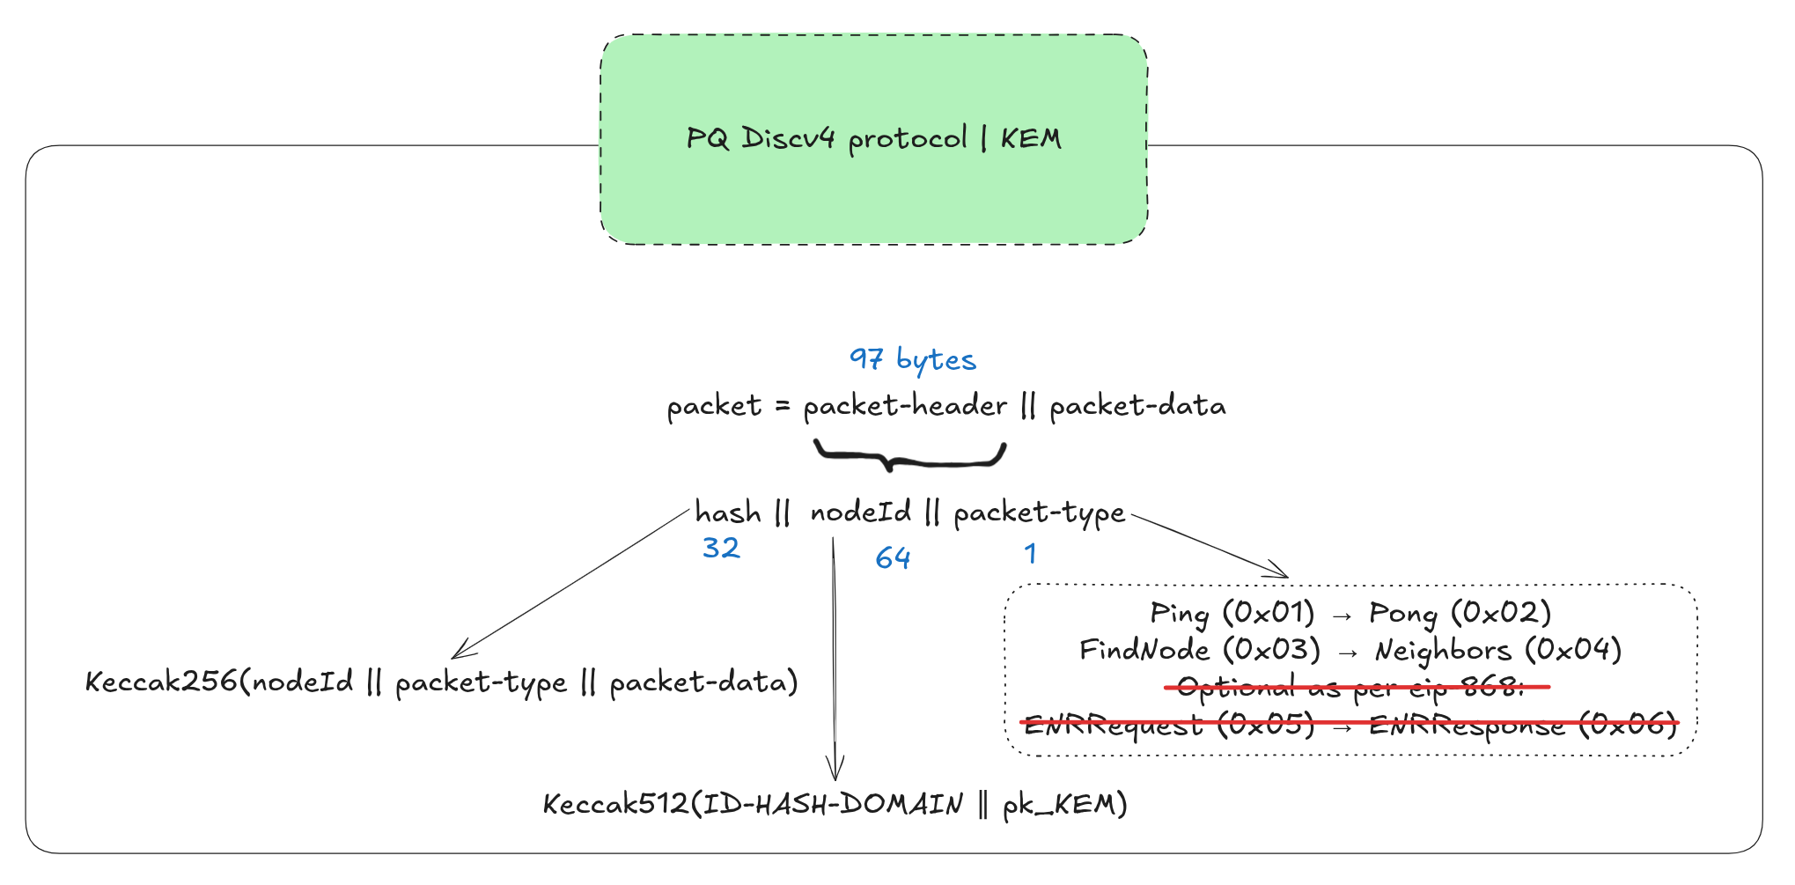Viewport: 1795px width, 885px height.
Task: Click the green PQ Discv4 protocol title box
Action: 873,139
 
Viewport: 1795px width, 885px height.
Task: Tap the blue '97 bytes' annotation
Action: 912,359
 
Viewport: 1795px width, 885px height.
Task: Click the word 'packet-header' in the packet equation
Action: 905,406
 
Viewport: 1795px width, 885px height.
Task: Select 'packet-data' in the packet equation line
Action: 1137,406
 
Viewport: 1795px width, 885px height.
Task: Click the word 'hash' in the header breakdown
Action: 728,513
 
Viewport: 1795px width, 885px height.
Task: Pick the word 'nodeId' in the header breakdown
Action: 860,513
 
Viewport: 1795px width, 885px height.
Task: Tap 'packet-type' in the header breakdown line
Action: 1039,513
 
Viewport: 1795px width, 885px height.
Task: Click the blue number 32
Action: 721,549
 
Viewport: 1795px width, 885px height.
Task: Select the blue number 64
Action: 893,558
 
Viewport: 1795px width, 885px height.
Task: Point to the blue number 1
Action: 1030,554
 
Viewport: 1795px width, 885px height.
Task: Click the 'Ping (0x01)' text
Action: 1232,613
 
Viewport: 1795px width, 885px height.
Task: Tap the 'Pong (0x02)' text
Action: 1460,613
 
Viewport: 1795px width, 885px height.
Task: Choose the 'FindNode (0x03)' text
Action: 1200,651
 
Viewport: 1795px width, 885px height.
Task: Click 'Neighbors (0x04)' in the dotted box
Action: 1497,651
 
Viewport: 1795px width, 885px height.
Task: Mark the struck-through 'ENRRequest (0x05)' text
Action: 1168,726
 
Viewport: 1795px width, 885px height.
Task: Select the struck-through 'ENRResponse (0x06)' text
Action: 1523,726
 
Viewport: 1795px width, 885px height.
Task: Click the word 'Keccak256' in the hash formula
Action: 161,682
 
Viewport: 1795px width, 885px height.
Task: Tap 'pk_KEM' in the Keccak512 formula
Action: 1064,805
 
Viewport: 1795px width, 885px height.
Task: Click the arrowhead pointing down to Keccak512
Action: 835,768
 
